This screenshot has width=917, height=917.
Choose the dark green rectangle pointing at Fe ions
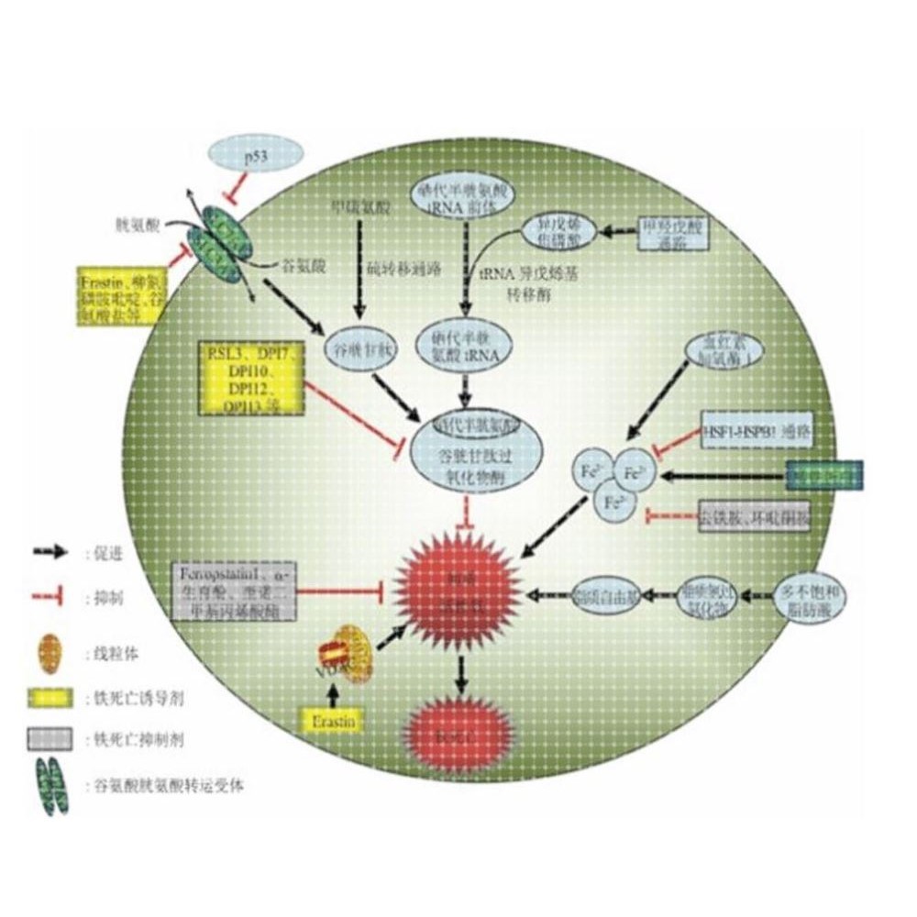tap(825, 475)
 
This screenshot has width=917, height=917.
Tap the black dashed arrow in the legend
tap(51, 552)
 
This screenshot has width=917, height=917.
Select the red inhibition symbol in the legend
tap(51, 598)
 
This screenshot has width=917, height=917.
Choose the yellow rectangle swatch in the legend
tap(51, 698)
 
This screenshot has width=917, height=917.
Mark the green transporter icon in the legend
tap(51, 785)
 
